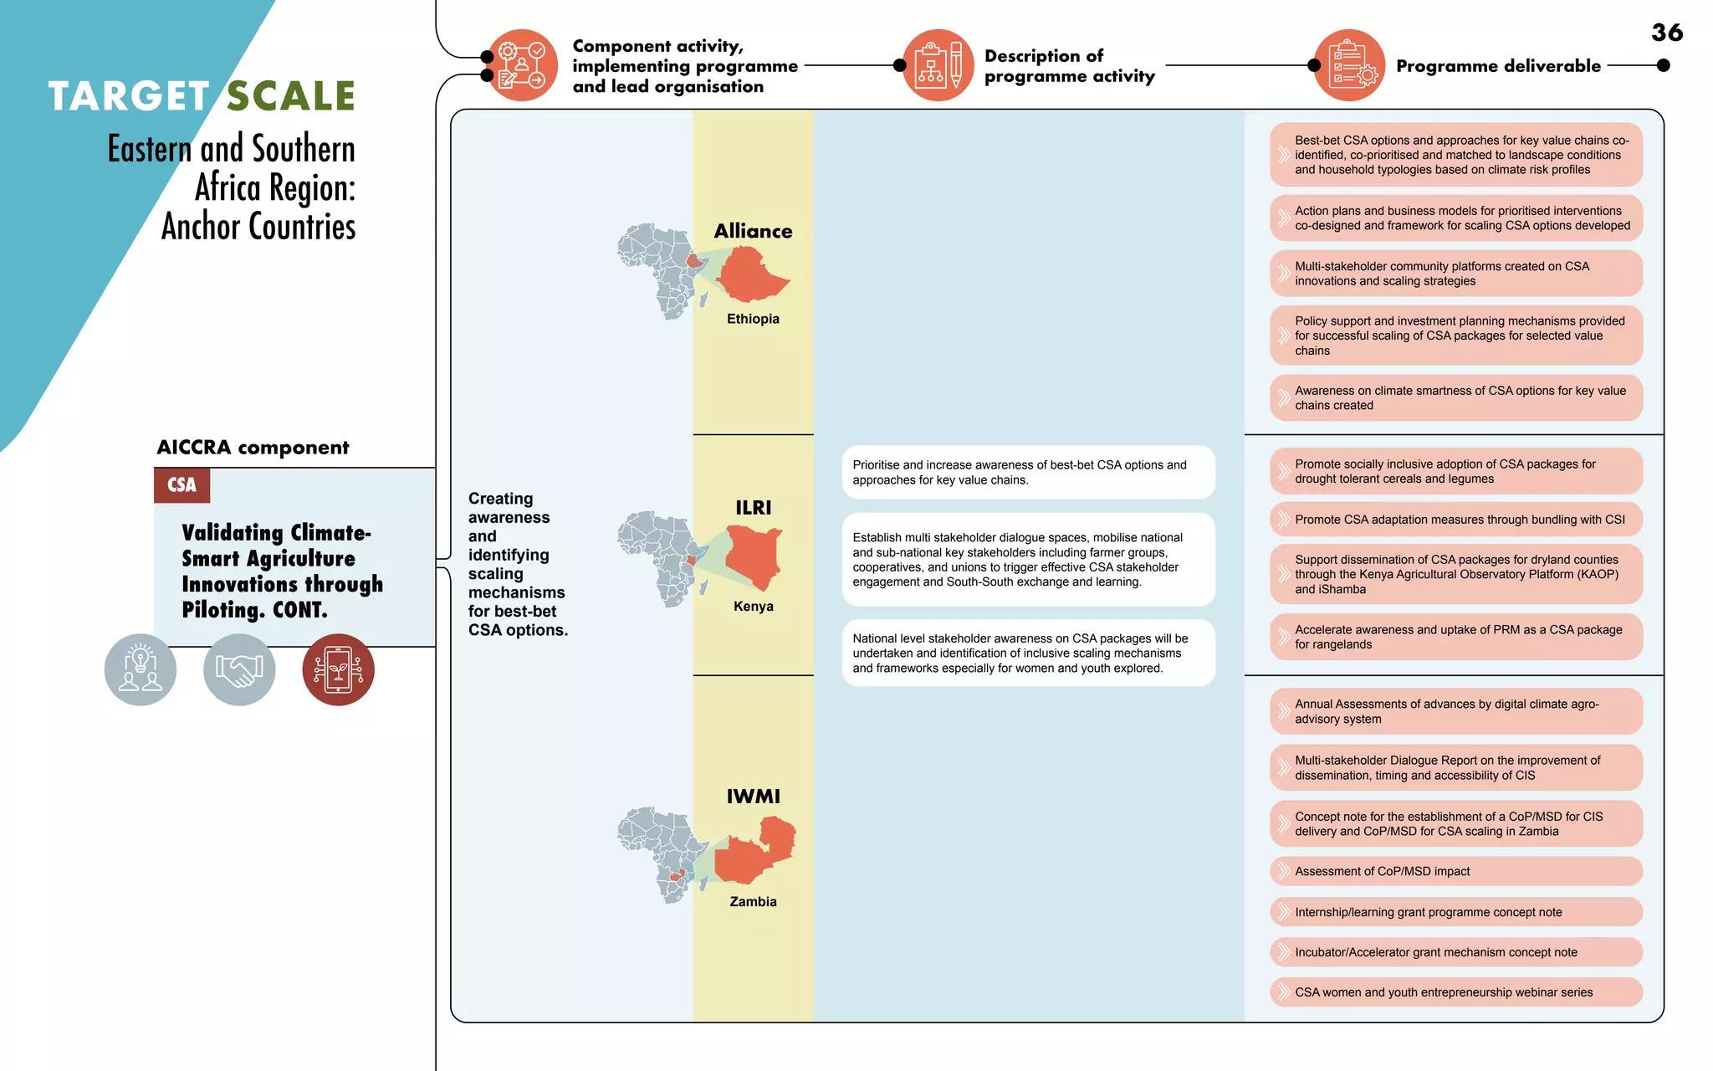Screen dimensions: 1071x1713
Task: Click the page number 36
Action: point(1666,33)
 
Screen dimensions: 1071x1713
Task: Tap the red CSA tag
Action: point(182,485)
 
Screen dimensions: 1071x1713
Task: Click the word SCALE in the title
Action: point(291,96)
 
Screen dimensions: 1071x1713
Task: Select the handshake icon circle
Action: point(239,669)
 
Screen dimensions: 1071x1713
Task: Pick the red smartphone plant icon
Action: point(338,669)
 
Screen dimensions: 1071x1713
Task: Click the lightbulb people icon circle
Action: point(141,669)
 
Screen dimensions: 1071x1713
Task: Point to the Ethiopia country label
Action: point(753,319)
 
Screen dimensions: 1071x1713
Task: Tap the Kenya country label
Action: point(753,606)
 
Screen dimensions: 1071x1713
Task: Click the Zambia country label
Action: point(753,901)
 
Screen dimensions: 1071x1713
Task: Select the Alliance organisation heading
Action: point(753,231)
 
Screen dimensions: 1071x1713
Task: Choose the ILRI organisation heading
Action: point(753,508)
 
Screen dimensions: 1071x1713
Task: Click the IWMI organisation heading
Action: point(753,796)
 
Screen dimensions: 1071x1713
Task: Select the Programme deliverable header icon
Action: point(1349,65)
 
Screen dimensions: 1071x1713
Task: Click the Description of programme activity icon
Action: point(938,65)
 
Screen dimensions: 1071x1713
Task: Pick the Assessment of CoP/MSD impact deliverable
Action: point(1455,871)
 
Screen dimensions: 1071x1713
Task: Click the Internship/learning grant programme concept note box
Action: point(1455,912)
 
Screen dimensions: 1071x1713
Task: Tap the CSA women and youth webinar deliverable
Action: point(1455,992)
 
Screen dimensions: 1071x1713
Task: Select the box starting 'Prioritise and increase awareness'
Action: point(1028,472)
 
